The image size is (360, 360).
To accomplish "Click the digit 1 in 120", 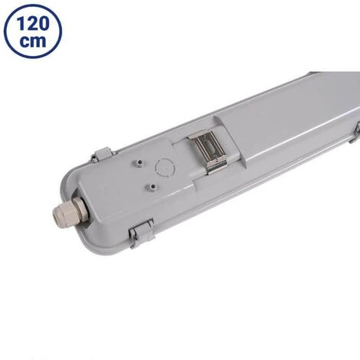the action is [x=20, y=23].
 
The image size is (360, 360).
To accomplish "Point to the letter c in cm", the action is [x=25, y=41].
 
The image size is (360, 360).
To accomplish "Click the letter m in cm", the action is [x=38, y=41].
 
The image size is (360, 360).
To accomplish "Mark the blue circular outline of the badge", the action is [x=5, y=31].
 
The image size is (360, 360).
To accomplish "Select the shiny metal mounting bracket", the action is [x=207, y=151].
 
